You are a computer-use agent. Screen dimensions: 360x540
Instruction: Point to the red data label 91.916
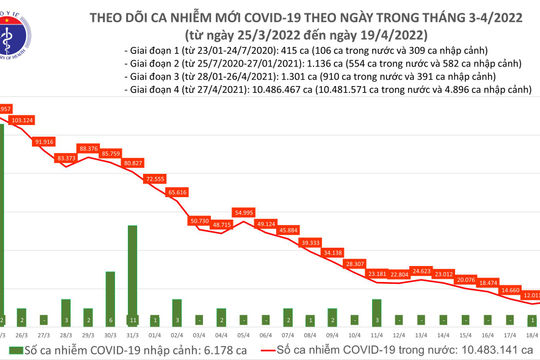coord(43,142)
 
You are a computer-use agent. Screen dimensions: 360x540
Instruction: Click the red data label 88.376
coord(88,148)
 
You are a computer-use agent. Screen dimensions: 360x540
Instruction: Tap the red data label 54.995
coord(243,212)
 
